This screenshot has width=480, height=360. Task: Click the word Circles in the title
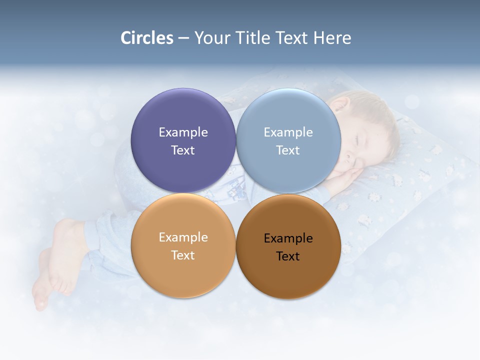(x=147, y=38)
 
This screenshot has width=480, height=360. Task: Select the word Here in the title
(x=332, y=38)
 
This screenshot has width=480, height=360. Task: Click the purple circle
(x=183, y=115)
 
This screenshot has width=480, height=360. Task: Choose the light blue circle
(x=288, y=115)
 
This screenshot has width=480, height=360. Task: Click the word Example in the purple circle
(x=183, y=132)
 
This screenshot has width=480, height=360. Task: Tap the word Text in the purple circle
(x=183, y=150)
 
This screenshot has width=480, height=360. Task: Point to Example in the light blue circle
(x=288, y=132)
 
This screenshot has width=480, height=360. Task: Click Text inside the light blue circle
(x=288, y=150)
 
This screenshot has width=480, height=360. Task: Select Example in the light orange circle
(x=183, y=237)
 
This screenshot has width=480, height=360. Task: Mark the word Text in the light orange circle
(x=183, y=255)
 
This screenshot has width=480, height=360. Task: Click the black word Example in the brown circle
(x=288, y=238)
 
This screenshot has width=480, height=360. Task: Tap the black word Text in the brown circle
(x=288, y=256)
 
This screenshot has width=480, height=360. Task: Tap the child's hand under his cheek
(x=347, y=177)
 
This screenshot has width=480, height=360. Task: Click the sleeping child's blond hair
(x=375, y=110)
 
